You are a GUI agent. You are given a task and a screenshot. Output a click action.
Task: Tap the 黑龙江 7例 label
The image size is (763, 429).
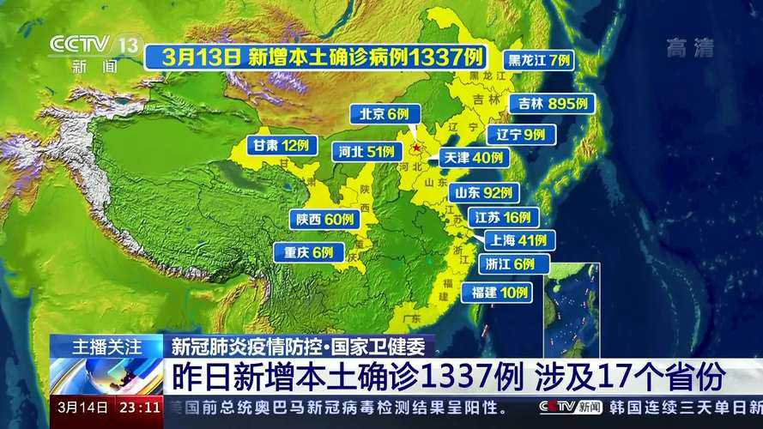[539, 60]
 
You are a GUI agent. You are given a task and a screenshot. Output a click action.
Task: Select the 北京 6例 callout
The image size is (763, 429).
[385, 114]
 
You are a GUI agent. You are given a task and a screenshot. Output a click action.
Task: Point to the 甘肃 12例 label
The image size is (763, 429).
[280, 145]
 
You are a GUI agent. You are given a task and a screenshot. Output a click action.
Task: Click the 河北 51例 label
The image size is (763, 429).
[366, 152]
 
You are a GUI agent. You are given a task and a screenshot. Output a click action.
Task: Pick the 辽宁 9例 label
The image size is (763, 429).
[521, 135]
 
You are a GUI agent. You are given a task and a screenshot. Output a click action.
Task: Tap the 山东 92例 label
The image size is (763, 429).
[484, 193]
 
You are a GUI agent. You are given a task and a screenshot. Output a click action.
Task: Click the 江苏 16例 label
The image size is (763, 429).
[502, 218]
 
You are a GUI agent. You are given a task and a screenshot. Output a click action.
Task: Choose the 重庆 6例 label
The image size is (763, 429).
[309, 252]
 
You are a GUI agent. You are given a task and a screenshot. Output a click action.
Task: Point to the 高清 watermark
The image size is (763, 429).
[690, 48]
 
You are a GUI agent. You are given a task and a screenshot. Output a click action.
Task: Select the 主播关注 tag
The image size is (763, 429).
[106, 347]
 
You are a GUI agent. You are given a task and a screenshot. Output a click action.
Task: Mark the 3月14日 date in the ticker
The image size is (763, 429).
[82, 406]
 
